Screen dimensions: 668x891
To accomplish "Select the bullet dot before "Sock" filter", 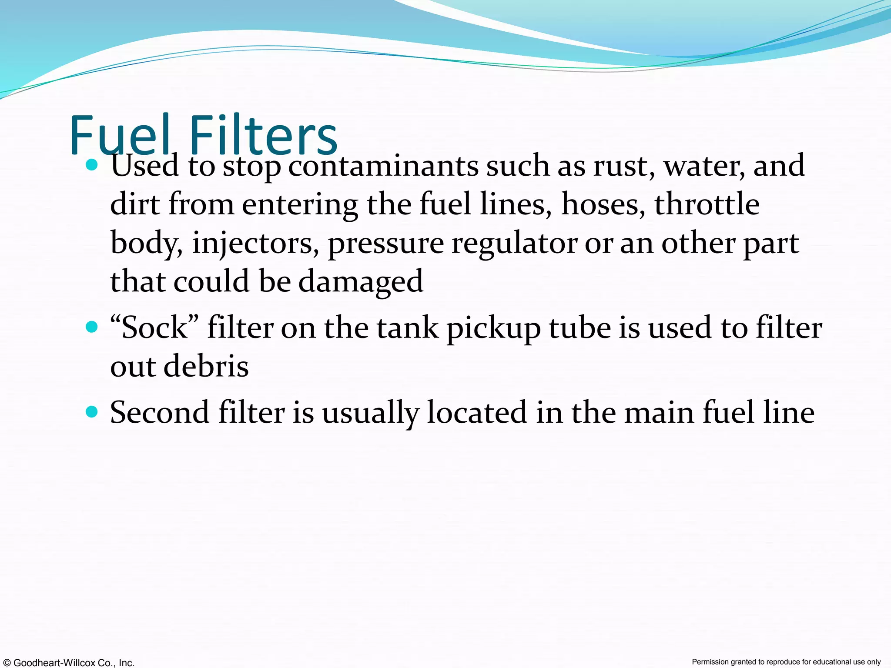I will coord(92,327).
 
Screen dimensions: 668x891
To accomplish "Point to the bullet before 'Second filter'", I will coord(92,411).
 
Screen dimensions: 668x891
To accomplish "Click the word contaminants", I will coord(383,166).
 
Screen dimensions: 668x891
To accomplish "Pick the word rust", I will coord(624,166).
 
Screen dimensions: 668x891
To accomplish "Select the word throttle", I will coord(707,204).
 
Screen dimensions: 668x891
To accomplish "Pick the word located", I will coord(477,412).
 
